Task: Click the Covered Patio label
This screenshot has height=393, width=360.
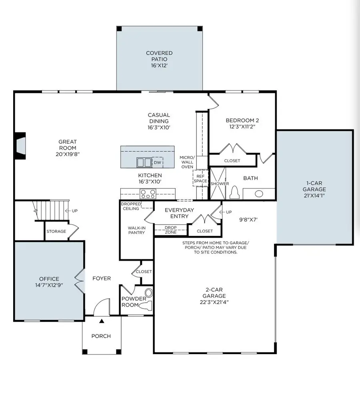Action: [159, 56]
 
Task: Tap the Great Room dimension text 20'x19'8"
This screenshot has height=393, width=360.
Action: [68, 154]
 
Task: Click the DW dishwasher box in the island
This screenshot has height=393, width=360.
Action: [158, 162]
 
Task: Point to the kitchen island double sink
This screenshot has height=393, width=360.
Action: [144, 162]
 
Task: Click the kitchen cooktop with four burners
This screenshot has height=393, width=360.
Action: [147, 194]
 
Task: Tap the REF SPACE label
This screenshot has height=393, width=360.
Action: [200, 178]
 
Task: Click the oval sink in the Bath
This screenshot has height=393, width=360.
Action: [259, 194]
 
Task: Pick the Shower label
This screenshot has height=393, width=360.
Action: [220, 184]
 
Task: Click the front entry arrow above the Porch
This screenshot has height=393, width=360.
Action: [102, 321]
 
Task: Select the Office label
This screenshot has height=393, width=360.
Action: [49, 279]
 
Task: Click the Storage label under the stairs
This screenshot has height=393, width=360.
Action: [56, 231]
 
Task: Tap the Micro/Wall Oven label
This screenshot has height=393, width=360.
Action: [186, 162]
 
